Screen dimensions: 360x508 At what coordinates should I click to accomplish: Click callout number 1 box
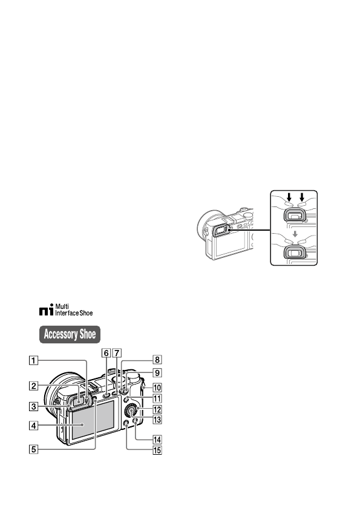34,360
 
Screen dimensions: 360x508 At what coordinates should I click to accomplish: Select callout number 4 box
34,426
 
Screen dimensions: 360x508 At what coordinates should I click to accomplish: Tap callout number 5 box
34,449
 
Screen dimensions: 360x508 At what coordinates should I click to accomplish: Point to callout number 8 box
157,360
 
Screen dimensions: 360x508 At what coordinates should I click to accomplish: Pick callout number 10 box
157,388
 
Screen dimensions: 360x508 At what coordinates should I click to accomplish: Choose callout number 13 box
157,420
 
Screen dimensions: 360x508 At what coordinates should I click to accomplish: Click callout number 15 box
157,450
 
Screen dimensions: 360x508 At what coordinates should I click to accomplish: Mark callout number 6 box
106,353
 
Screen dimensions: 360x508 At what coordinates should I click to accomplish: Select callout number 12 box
157,409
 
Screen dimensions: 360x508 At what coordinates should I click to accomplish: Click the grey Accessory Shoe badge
70,334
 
